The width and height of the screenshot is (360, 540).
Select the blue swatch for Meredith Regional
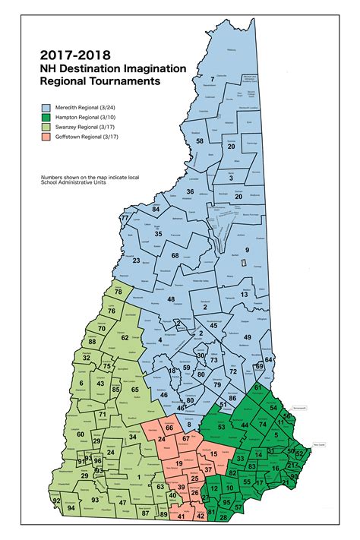pos(46,109)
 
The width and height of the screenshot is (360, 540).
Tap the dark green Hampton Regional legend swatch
pos(46,118)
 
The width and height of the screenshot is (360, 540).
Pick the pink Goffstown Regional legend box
pos(46,138)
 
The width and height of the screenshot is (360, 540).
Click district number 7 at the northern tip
pos(213,79)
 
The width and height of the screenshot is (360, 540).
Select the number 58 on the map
pos(200,141)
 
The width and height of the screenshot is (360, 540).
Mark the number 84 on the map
pos(156,209)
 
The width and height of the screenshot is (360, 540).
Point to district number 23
pos(137,261)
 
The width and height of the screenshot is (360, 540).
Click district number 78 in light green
pos(118,292)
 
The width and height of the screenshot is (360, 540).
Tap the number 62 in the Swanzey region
pos(125,337)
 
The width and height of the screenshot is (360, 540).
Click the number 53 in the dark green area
pos(221,428)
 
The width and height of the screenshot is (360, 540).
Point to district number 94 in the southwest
pos(71,507)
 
